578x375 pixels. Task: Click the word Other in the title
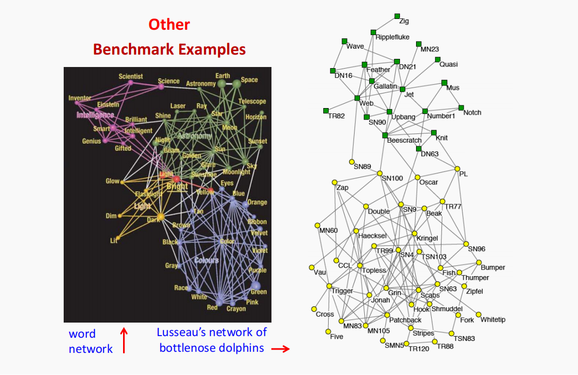point(169,25)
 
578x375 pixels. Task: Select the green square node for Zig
point(397,16)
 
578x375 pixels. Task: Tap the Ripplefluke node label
point(392,37)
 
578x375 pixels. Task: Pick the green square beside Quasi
point(437,59)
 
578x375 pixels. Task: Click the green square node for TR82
point(326,111)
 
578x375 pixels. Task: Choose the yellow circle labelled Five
point(328,331)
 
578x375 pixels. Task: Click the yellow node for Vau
point(311,267)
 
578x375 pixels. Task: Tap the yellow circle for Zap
point(335,182)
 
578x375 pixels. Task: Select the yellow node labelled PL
point(458,169)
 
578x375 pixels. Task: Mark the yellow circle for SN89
point(351,162)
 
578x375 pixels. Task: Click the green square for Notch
point(461,108)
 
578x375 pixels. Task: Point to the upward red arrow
point(124,340)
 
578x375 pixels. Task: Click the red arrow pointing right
point(280,349)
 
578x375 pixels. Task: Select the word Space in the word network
point(249,79)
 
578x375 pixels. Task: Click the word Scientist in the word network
point(131,77)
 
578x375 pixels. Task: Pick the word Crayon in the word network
point(236,309)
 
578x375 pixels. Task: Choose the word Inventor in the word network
point(80,98)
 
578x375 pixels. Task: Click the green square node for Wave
point(344,41)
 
